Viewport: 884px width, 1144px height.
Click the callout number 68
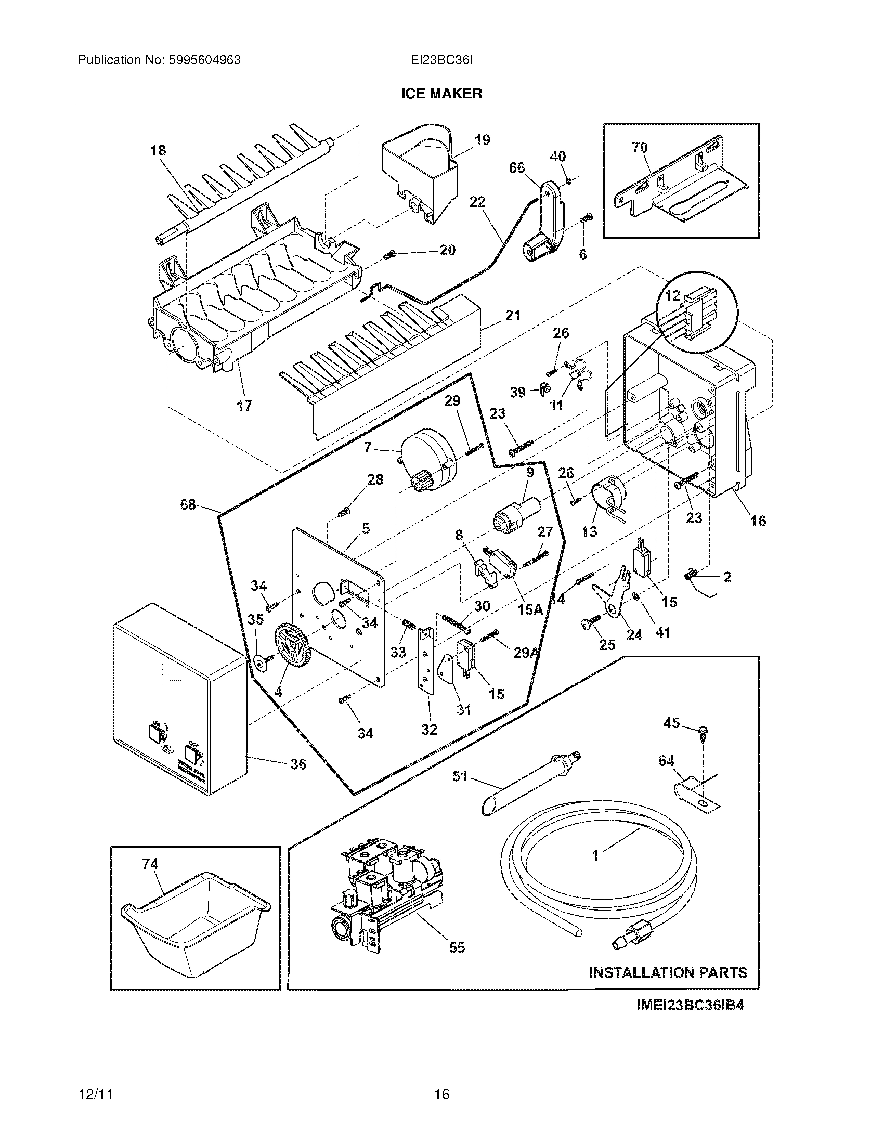188,505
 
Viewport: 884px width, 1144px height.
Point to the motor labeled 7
428,458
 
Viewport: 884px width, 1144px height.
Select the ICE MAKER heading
441,94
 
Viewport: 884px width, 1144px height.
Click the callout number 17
244,406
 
